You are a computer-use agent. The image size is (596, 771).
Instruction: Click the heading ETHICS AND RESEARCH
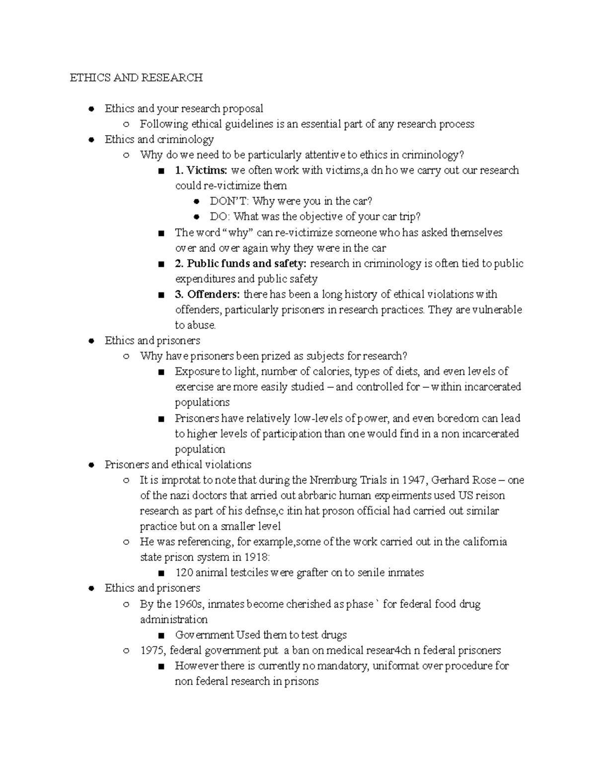tap(136, 77)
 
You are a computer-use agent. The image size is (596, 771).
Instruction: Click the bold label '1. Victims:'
tap(201, 170)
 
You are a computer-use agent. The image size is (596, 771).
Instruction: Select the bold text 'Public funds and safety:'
tap(247, 263)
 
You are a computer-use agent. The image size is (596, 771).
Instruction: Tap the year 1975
tap(152, 650)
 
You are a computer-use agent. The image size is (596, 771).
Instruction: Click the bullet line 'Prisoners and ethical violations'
tap(178, 465)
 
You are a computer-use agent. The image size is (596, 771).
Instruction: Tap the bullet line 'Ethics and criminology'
tap(159, 139)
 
